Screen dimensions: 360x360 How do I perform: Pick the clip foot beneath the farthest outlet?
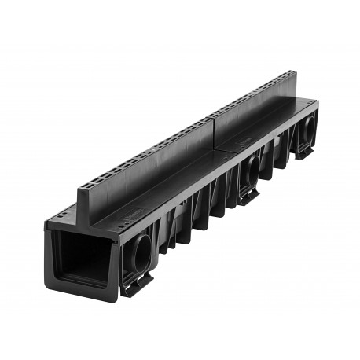point(304,152)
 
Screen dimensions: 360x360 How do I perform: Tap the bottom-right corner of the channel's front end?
point(118,299)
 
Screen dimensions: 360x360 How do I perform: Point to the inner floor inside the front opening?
point(85,275)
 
